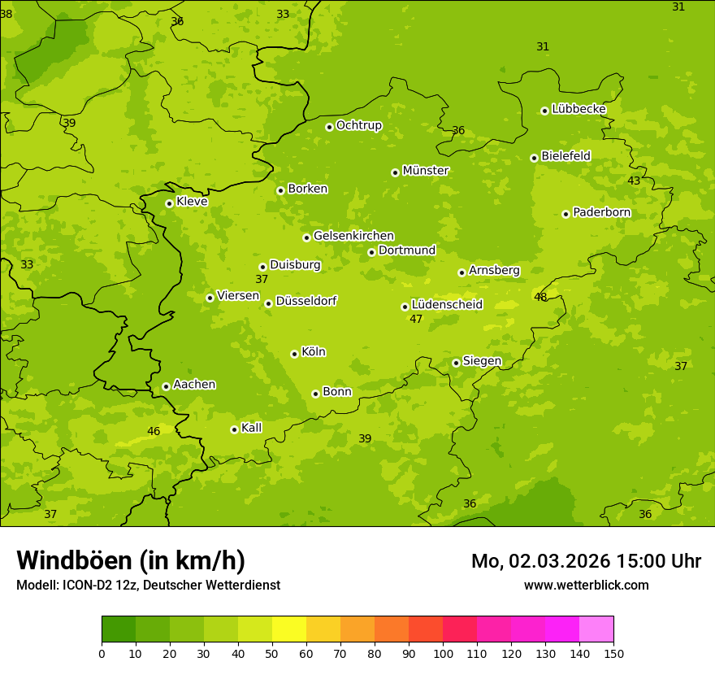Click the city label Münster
click(426, 171)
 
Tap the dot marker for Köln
click(294, 354)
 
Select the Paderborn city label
click(601, 212)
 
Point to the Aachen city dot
click(166, 386)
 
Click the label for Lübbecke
click(578, 109)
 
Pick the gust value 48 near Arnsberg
click(540, 297)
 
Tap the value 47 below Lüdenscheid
click(416, 319)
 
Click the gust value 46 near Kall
click(154, 431)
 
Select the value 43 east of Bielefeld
click(634, 181)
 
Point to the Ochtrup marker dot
click(329, 127)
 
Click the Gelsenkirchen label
click(353, 236)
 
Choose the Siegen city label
click(482, 361)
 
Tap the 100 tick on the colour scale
click(443, 653)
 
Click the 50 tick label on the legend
click(272, 653)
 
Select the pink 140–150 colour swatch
click(596, 629)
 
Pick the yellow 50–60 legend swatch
click(289, 629)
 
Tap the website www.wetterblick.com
click(586, 585)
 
